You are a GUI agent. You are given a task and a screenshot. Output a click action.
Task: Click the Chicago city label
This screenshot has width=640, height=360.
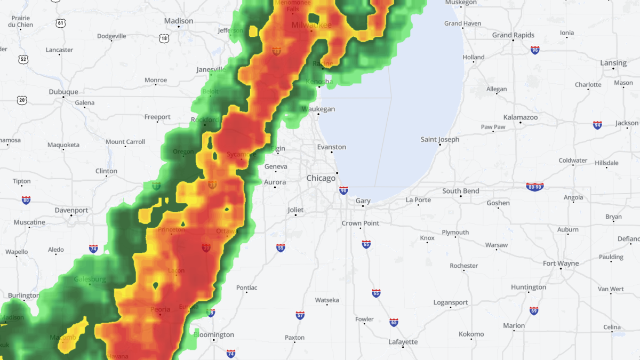point(321,178)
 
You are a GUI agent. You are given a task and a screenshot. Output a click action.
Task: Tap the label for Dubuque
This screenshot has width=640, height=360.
point(63,92)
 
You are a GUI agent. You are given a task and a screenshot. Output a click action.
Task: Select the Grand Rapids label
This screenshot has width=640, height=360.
point(513,35)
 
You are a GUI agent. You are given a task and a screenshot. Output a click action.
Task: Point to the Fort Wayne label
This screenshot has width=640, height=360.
point(561,263)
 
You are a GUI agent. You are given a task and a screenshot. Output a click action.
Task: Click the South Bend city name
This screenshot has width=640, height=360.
point(460,191)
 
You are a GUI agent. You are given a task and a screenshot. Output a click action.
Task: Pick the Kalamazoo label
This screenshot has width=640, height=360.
point(521,117)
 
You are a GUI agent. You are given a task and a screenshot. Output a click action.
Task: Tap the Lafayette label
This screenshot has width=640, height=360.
point(403,341)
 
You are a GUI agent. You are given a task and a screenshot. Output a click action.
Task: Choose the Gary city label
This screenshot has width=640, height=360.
point(363,201)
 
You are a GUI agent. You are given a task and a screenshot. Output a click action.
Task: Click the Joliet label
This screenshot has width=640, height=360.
point(295,210)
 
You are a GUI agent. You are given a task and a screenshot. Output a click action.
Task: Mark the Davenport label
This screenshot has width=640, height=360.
point(71,210)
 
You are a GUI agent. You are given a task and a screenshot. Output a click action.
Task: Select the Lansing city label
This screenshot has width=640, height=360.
point(613,63)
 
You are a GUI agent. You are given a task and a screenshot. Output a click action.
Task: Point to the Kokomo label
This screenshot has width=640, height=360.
point(471,334)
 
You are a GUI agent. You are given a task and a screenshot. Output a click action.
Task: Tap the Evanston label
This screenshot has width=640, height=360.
point(332,147)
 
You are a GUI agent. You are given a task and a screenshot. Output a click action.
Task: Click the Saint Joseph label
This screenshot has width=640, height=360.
point(440,140)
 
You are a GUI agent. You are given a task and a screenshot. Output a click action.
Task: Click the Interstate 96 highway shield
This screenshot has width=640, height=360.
point(535,50)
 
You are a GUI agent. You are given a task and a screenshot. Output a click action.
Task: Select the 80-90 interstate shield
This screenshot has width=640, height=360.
point(534,187)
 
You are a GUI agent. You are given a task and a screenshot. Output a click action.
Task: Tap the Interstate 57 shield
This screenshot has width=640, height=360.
point(300,315)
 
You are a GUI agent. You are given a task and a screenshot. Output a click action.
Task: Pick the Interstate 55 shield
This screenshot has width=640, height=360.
point(281,248)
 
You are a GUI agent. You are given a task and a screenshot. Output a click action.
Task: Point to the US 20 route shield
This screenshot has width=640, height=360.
point(21,100)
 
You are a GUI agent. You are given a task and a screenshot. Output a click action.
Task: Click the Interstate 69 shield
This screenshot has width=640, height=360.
point(534,310)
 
